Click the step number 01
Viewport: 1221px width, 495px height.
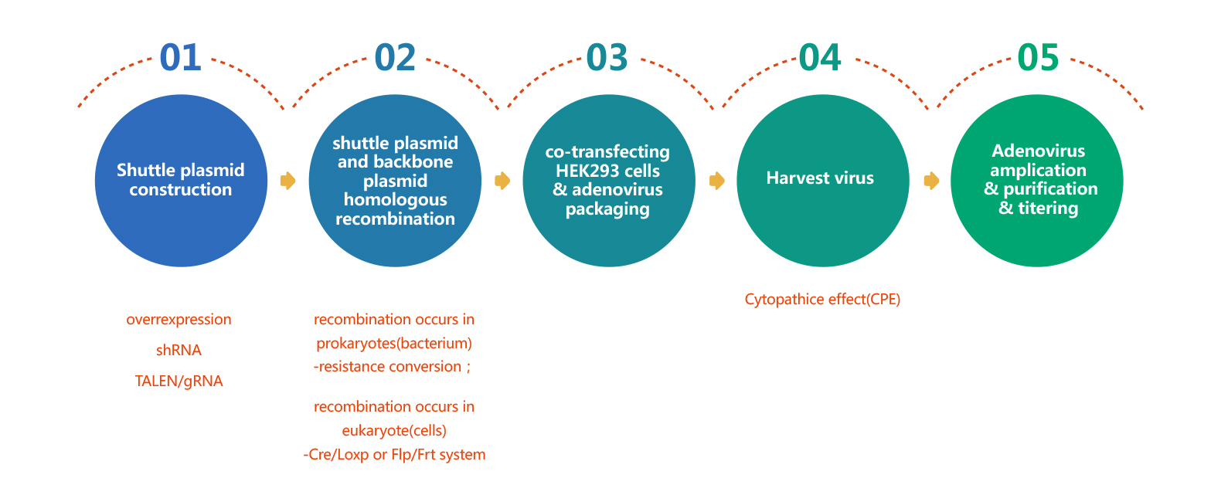(x=180, y=58)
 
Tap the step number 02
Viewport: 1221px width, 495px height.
(x=395, y=58)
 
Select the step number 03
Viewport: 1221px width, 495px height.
(x=607, y=58)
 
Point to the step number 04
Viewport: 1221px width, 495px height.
(x=820, y=58)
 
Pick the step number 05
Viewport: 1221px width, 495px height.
(x=1039, y=58)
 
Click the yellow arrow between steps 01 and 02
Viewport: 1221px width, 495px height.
(x=287, y=181)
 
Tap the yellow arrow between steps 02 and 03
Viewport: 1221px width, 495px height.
(x=502, y=181)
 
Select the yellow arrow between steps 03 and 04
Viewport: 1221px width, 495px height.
(x=717, y=181)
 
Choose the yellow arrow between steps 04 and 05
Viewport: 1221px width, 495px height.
(x=931, y=181)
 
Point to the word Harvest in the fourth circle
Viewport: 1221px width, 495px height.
(x=794, y=178)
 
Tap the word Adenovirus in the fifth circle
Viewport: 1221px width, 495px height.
(x=1039, y=151)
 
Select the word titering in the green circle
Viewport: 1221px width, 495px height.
(x=1048, y=208)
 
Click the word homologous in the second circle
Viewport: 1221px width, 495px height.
(x=395, y=200)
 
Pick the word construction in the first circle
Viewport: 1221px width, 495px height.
(x=180, y=189)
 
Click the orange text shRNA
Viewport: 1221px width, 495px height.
(x=179, y=350)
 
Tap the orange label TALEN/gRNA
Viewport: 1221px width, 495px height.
(x=179, y=381)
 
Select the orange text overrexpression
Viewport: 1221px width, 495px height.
(x=179, y=320)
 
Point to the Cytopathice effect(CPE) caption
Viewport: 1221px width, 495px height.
(x=822, y=300)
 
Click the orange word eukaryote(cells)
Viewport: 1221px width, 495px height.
(x=394, y=431)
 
